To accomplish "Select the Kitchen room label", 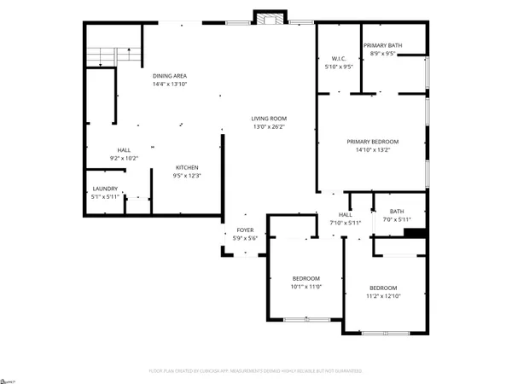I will (187, 166).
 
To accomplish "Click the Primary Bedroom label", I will (372, 142).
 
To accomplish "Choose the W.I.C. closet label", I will (338, 57).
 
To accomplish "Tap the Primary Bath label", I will (382, 45).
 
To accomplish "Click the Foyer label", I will (245, 230).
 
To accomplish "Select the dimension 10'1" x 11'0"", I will (306, 288).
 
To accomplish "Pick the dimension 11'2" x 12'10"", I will (383, 296).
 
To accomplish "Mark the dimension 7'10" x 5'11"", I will (346, 223).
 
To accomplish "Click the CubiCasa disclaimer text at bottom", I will (255, 371).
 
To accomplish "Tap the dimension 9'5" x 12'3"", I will (187, 175).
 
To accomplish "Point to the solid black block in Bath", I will (414, 232).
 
